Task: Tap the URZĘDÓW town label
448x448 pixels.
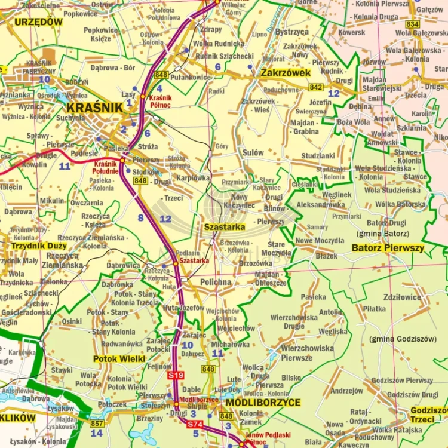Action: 38,22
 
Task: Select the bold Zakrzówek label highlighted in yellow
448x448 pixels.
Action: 286,73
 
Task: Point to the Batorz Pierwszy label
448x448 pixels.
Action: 388,247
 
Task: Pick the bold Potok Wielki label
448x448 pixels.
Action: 119,359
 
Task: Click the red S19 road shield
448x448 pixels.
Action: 175,375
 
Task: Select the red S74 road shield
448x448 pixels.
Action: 195,424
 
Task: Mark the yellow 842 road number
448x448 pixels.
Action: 316,87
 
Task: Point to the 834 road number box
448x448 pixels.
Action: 412,24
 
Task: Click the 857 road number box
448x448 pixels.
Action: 96,423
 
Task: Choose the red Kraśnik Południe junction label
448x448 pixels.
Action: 106,167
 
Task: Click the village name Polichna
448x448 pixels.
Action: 216,282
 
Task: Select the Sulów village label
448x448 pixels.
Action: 253,153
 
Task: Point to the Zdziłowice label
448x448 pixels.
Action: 402,296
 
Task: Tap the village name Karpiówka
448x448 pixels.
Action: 194,177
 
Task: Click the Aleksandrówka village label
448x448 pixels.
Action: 321,205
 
